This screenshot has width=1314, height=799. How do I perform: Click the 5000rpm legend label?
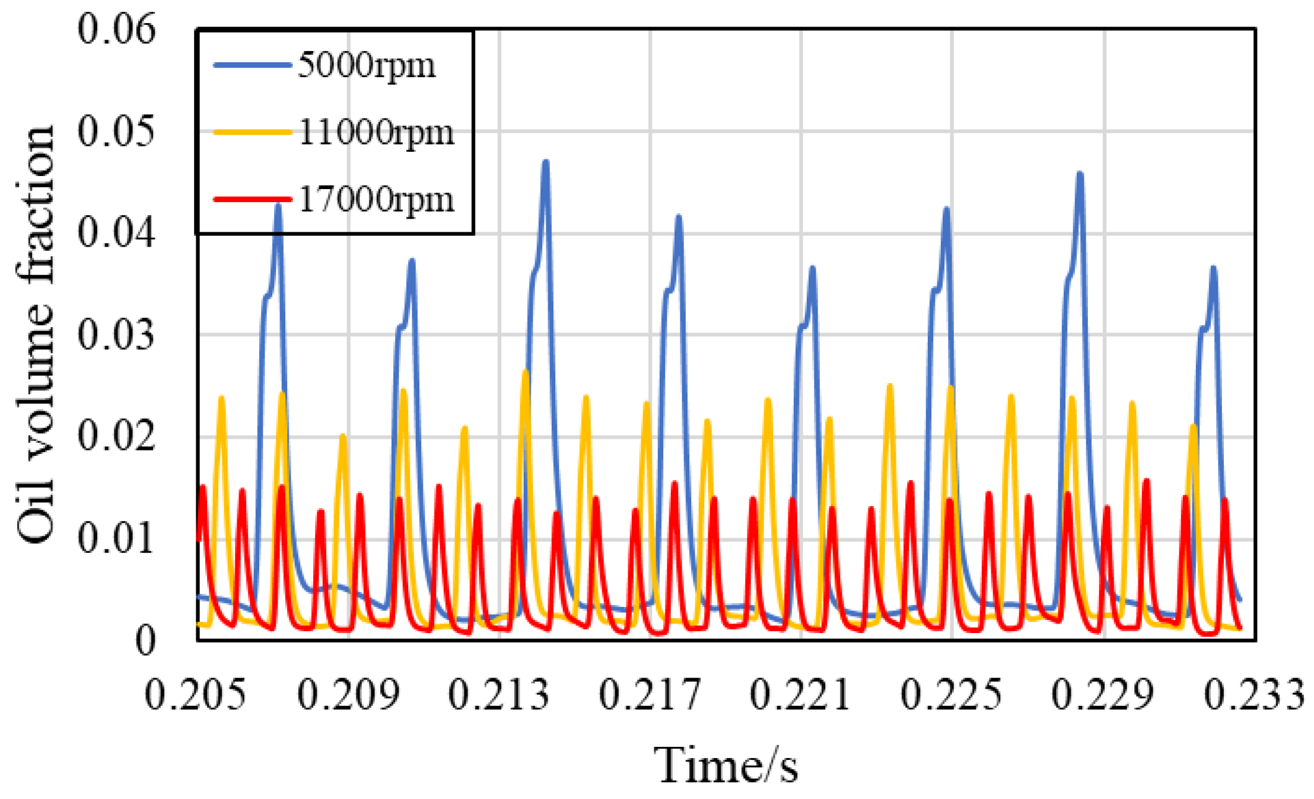366,65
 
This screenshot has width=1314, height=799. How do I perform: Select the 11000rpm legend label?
376,132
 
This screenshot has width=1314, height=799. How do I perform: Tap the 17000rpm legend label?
376,199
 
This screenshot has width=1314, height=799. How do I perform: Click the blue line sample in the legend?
252,65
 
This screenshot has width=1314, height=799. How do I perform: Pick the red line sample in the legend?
252,199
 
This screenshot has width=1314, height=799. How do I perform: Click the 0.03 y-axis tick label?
116,335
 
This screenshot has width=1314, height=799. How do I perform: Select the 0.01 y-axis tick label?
116,539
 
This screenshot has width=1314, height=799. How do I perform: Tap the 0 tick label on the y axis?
145,641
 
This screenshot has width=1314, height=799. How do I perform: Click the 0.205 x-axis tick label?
196,694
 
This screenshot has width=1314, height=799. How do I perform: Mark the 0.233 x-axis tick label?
1254,694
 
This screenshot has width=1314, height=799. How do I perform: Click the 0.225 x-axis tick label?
952,694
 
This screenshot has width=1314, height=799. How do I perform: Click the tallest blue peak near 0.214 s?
546,162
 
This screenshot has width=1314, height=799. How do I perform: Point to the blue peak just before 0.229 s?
1080,174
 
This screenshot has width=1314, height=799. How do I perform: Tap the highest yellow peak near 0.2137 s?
525,372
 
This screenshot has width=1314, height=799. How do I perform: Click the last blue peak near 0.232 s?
1213,269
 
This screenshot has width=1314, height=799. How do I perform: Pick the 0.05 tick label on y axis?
116,131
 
